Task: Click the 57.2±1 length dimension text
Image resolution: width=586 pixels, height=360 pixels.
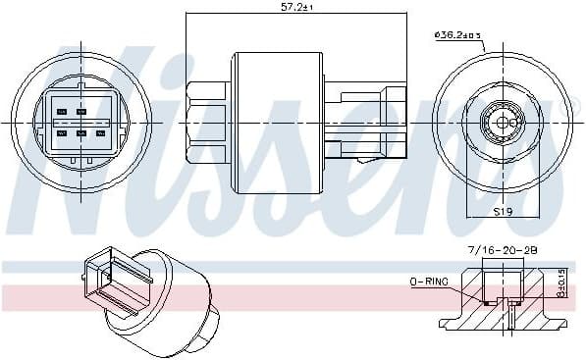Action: point(293,7)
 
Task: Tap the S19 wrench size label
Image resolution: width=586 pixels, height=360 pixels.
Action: point(503,211)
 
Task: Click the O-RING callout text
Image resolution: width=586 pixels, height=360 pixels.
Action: point(429,282)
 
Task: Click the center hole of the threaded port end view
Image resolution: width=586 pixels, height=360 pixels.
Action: point(503,123)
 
